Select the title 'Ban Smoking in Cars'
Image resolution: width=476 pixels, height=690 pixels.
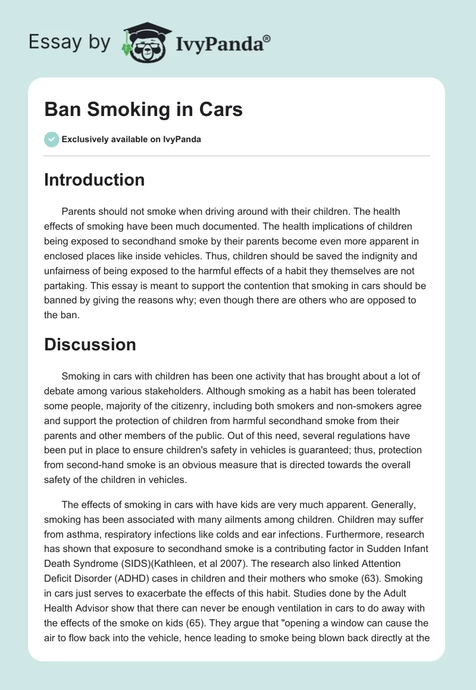point(143,110)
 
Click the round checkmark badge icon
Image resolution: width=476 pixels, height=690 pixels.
point(51,139)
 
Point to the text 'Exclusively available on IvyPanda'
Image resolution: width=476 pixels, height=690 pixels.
point(131,140)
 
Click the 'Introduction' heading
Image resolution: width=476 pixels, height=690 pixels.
point(94,180)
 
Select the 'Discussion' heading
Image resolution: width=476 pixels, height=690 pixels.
point(90,344)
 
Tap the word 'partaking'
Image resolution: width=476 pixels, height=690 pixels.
point(64,286)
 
